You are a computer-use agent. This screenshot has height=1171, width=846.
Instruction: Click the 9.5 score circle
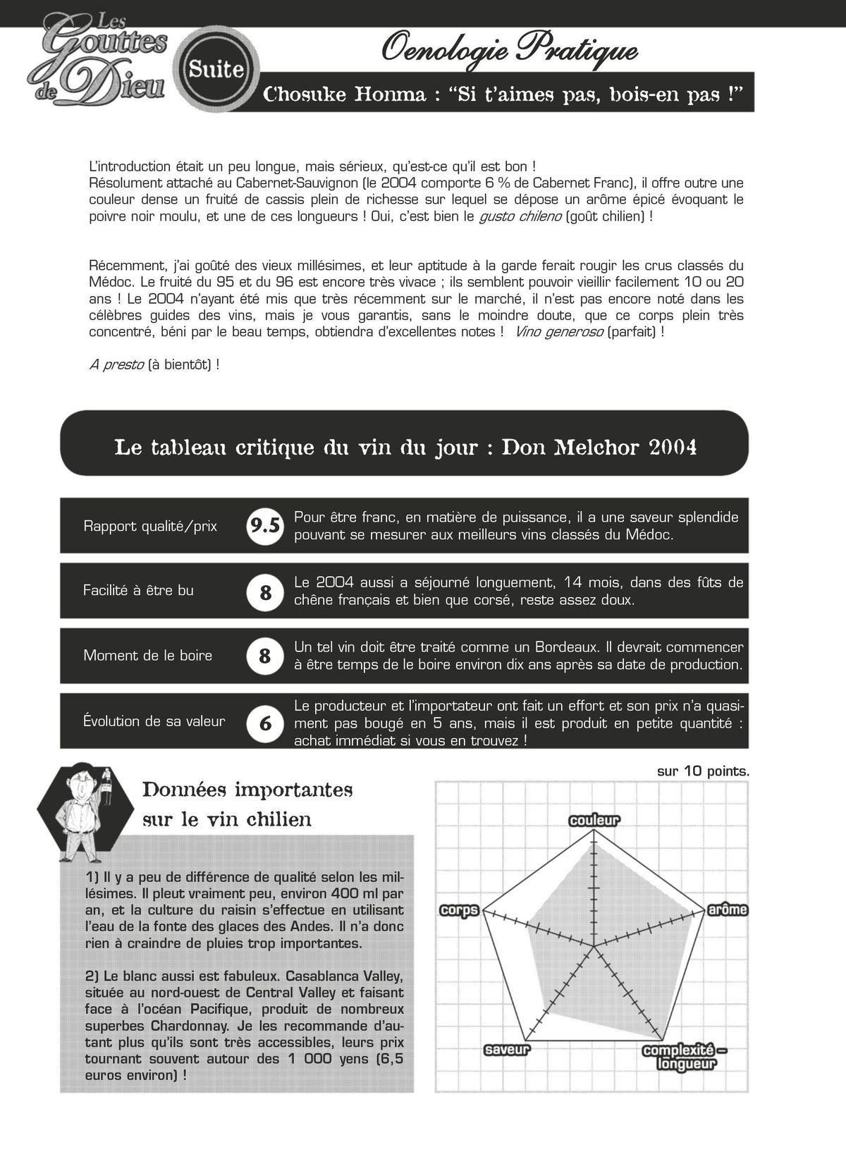pyautogui.click(x=265, y=526)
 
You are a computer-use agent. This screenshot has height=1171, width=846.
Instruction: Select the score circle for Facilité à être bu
pyautogui.click(x=265, y=592)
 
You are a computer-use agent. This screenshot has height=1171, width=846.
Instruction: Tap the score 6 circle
pyautogui.click(x=265, y=723)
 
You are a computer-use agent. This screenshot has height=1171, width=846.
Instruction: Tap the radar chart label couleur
pyautogui.click(x=594, y=820)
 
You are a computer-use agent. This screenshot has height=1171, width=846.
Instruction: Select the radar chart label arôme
pyautogui.click(x=727, y=909)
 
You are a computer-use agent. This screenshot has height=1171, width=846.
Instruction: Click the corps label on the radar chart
pyautogui.click(x=459, y=909)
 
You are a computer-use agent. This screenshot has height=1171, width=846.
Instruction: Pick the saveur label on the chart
pyautogui.click(x=507, y=1050)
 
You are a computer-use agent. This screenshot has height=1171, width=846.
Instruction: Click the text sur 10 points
pyautogui.click(x=702, y=771)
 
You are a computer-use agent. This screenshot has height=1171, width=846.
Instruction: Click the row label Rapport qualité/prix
pyautogui.click(x=150, y=526)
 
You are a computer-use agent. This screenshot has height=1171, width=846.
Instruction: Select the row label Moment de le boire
pyautogui.click(x=148, y=656)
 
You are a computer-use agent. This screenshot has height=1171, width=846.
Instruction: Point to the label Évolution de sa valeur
pyautogui.click(x=154, y=721)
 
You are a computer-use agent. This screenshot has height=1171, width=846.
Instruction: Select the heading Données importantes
pyautogui.click(x=247, y=789)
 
